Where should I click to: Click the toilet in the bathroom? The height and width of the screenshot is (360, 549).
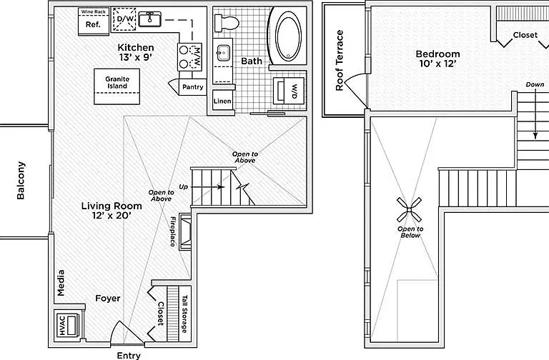[226, 23]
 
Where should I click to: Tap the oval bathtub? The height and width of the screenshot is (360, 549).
[288, 36]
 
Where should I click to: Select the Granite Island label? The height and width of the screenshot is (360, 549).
[117, 83]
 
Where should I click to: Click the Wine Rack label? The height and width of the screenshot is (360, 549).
[93, 12]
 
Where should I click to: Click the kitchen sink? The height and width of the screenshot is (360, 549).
[149, 19]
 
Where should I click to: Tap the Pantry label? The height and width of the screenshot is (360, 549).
[192, 86]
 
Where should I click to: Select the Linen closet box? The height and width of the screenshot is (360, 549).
[223, 101]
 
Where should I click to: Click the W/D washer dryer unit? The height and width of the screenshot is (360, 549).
[288, 91]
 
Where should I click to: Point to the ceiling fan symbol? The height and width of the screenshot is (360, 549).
[409, 209]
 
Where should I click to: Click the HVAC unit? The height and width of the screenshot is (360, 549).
[68, 326]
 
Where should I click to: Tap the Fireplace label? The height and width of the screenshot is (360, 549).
[173, 231]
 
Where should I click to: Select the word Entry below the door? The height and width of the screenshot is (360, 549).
[129, 356]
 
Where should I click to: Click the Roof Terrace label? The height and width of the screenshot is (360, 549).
[340, 60]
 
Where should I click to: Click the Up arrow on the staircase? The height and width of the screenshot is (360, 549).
[207, 187]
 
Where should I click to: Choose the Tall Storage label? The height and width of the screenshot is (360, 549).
[184, 314]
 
